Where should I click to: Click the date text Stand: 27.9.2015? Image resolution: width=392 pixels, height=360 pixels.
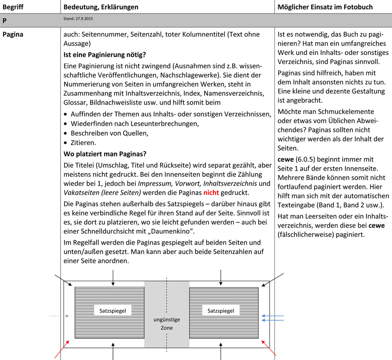tap(78, 19)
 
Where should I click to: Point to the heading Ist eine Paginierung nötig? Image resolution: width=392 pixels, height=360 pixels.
tap(105, 55)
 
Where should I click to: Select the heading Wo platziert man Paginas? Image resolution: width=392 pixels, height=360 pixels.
tap(105, 154)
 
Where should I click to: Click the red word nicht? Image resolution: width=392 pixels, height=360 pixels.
tap(211, 192)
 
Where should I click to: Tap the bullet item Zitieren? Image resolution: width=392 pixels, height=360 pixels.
tap(83, 142)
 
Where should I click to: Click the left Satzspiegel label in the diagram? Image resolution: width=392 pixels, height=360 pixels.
tap(113, 310)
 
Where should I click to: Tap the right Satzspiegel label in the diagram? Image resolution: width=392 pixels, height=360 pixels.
tap(221, 310)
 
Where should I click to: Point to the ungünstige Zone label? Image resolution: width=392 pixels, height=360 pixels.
tap(167, 323)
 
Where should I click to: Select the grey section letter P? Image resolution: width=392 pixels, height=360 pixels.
tap(4, 20)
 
